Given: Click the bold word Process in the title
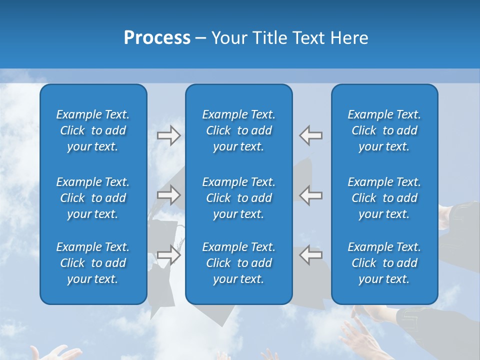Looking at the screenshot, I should (157, 38).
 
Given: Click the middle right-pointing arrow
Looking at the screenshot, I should (169, 195).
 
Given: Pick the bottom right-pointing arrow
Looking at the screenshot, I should (169, 254).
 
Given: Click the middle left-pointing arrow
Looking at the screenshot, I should (310, 195).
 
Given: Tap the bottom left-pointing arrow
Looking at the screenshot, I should (310, 254).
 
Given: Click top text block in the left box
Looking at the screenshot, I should (93, 130).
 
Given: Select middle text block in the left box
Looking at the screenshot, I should (93, 198).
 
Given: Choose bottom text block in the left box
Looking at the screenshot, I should (93, 263).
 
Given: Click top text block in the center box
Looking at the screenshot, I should (238, 130).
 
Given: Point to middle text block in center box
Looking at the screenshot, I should (238, 198).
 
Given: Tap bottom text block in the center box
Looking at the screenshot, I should (238, 263).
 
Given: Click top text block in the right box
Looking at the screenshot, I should (384, 130).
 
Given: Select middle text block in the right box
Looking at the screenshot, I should (384, 198).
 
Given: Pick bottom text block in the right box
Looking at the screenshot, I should (384, 263).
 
